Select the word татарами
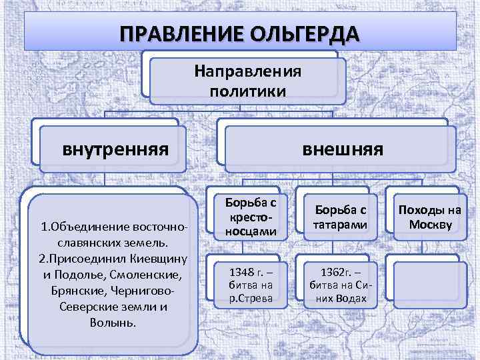tap(337, 225)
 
